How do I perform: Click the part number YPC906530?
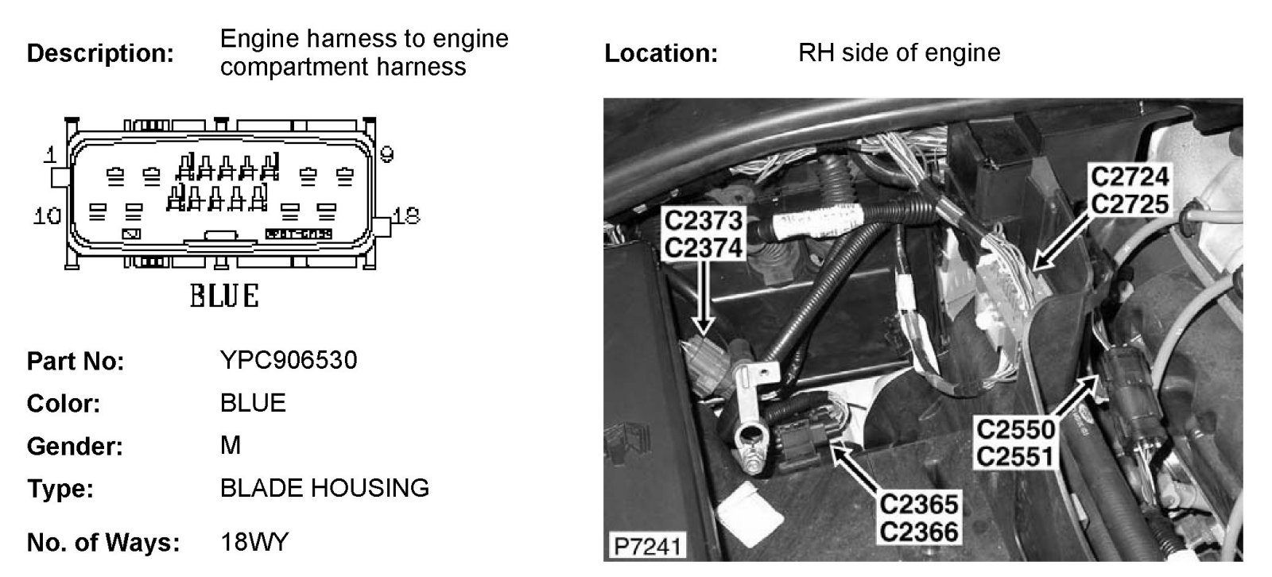(x=289, y=360)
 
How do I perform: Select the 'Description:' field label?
(x=100, y=53)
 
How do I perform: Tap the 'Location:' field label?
(x=661, y=53)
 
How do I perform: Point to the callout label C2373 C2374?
(x=703, y=234)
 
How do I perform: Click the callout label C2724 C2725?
(x=1130, y=190)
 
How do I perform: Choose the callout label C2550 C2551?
(x=1015, y=443)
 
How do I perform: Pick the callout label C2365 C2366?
(x=919, y=517)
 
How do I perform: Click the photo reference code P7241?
(x=646, y=547)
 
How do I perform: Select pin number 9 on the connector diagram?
(x=387, y=154)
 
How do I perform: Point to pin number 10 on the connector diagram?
(x=48, y=215)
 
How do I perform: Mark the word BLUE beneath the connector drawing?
(x=224, y=296)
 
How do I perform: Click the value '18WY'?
(x=254, y=543)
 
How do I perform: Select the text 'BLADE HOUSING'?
(x=324, y=487)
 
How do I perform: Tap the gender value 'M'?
(x=230, y=445)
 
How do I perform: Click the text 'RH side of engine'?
(x=898, y=53)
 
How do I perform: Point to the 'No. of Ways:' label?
(x=103, y=544)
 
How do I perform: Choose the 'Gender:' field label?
(x=75, y=446)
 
